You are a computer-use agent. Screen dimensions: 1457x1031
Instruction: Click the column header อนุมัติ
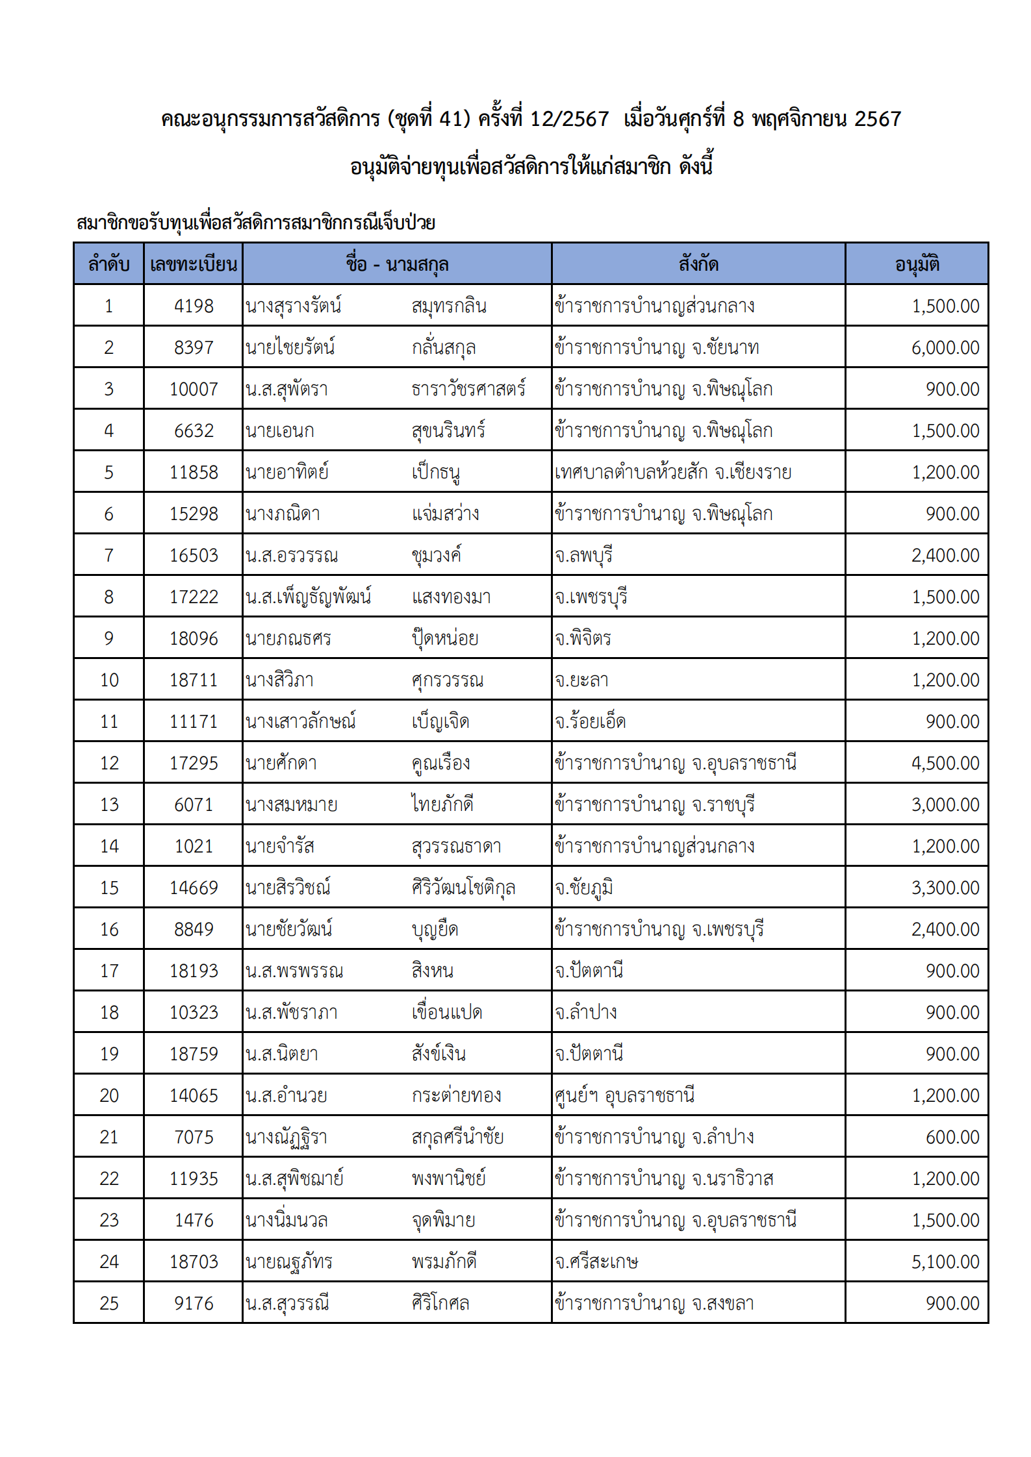coord(917,264)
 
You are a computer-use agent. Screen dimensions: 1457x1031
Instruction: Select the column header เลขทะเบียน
coord(193,264)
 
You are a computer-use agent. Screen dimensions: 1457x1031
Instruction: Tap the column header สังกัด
coord(698,264)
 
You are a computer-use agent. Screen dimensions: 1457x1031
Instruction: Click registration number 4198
coord(194,306)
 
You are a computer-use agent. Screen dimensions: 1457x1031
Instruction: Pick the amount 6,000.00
coord(945,347)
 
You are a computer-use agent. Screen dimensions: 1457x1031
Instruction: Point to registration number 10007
coord(194,389)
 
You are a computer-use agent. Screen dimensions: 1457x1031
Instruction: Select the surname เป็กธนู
coord(436,472)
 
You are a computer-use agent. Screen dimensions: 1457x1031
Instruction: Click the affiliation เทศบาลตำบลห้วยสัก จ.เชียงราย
coord(673,472)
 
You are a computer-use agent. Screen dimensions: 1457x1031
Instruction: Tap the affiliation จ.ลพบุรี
coord(583,555)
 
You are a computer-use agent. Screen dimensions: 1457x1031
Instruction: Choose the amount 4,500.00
coord(945,763)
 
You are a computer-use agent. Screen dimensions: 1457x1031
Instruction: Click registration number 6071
coord(194,804)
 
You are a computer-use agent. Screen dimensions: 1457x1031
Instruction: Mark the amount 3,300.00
coord(945,888)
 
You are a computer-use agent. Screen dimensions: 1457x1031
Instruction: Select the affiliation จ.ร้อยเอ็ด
coord(590,721)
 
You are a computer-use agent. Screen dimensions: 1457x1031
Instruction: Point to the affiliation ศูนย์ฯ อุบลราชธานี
coord(624,1095)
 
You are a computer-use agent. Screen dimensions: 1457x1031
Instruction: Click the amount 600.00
coord(952,1137)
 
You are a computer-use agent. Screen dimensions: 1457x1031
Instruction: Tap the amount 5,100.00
coord(945,1262)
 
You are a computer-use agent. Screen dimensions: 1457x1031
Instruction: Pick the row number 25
coord(109,1303)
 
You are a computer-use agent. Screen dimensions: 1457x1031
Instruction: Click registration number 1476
coord(194,1220)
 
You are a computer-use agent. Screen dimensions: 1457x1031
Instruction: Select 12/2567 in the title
coord(570,119)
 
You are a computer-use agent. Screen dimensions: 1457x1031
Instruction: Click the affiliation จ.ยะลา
coord(581,680)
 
